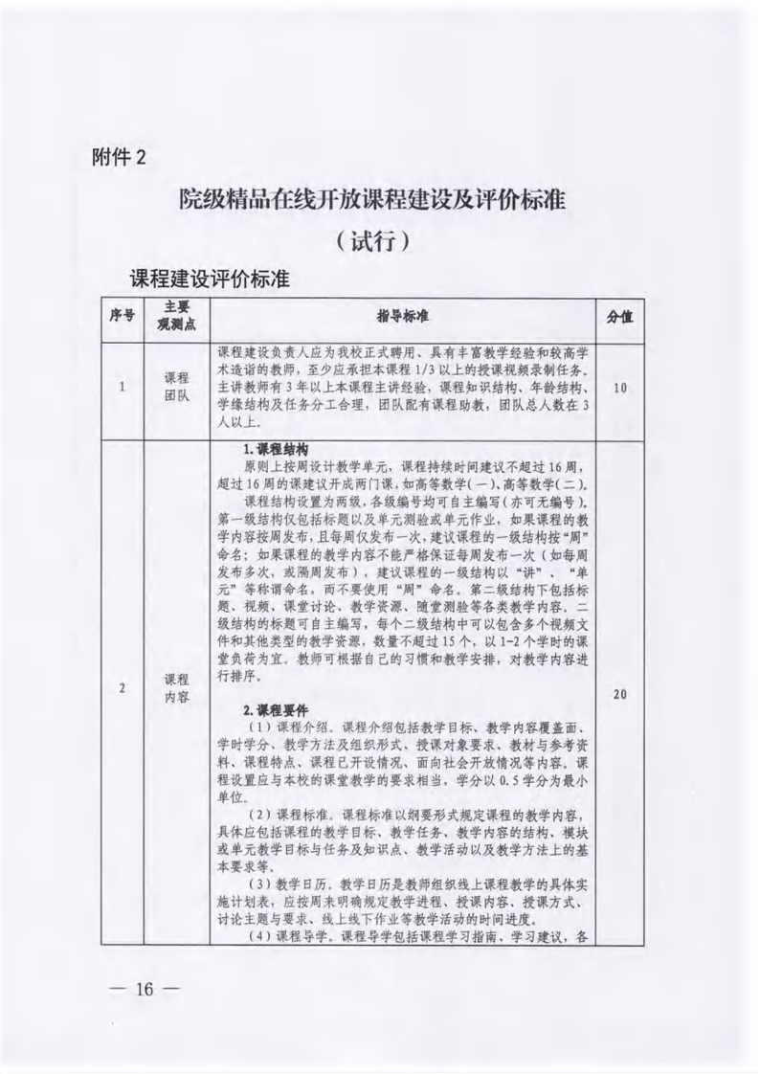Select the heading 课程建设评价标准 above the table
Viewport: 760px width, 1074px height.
pyautogui.click(x=210, y=280)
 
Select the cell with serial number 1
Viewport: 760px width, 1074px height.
pyautogui.click(x=122, y=388)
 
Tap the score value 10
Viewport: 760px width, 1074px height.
pyautogui.click(x=619, y=388)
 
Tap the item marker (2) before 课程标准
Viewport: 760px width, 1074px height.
pyautogui.click(x=259, y=815)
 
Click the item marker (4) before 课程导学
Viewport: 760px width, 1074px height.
pyautogui.click(x=259, y=934)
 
